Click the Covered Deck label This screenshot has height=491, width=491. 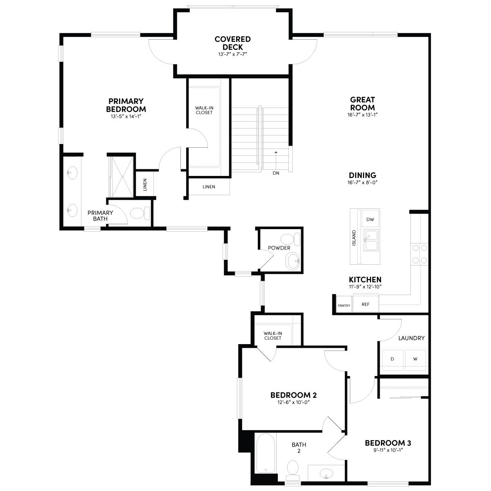click(232, 43)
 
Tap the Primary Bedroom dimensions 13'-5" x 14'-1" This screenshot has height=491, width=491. click(126, 117)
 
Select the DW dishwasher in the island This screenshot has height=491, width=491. click(370, 219)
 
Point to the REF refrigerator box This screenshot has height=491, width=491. click(365, 304)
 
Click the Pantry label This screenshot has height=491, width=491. click(344, 306)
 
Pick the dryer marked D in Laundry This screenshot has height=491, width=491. click(392, 360)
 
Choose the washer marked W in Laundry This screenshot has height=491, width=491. click(415, 360)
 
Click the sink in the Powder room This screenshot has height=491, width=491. click(293, 261)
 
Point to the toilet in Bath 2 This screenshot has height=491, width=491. click(293, 470)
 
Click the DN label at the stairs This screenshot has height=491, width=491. click(276, 173)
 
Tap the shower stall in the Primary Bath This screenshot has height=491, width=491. click(121, 177)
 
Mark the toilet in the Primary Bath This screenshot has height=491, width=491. click(140, 213)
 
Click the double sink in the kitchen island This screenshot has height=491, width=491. click(371, 240)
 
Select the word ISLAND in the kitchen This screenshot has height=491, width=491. click(354, 238)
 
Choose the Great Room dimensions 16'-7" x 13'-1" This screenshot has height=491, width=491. click(362, 115)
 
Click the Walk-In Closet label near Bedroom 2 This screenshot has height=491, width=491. click(273, 336)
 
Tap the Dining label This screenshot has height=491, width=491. click(363, 175)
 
